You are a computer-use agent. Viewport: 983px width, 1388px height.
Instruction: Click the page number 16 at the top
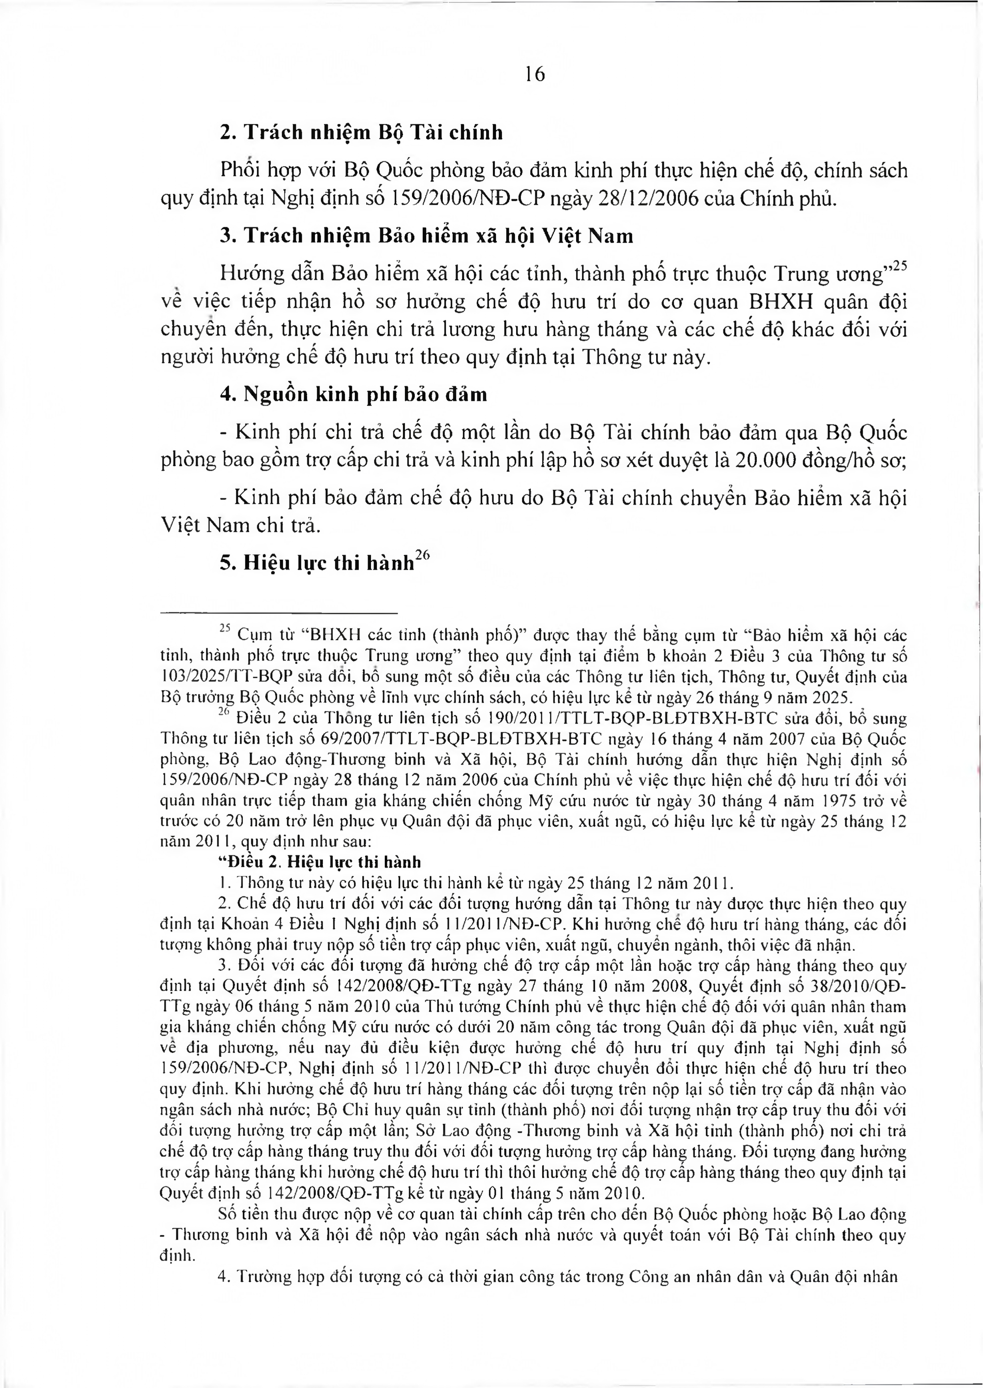click(535, 74)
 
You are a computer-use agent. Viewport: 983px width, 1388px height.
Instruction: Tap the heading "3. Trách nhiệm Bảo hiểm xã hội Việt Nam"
click(426, 236)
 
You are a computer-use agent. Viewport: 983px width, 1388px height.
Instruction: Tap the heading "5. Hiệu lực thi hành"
click(317, 564)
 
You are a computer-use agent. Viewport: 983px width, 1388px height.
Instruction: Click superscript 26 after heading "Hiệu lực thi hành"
click(422, 558)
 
